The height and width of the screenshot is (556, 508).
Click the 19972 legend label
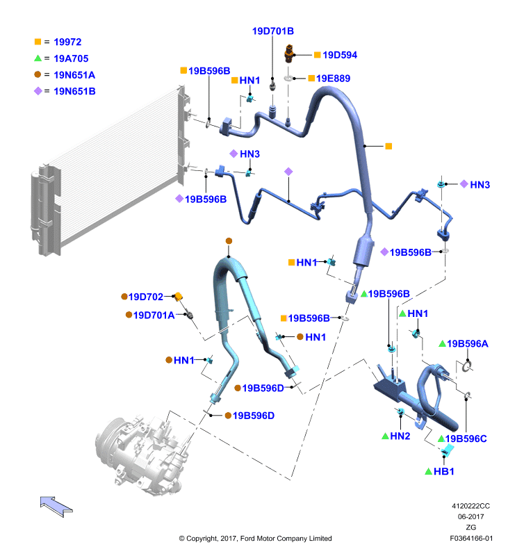67,42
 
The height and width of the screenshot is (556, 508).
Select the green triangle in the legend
38,58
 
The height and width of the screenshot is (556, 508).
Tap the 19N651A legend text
74,75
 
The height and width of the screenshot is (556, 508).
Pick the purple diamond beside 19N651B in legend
38,91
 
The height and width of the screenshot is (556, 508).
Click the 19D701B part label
273,31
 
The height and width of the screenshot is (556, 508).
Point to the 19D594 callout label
340,55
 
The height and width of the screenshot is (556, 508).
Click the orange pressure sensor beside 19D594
289,54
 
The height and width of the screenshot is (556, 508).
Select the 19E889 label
333,79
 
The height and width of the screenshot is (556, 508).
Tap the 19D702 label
146,297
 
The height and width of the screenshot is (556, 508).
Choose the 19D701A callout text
154,316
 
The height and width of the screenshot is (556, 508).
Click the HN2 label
400,436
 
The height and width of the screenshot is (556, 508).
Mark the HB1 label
443,472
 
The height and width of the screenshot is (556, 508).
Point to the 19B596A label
467,343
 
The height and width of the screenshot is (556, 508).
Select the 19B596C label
466,439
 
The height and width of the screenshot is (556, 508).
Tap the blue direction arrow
56,507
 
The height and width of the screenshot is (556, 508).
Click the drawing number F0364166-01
471,538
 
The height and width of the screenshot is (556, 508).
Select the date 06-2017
470,516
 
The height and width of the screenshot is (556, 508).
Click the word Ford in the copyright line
248,538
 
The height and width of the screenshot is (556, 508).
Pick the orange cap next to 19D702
178,296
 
